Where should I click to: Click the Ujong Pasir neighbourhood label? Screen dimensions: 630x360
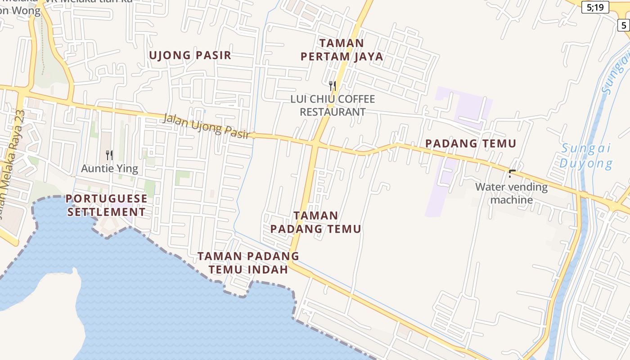click(189, 55)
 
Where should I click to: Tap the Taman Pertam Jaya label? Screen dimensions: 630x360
click(342, 50)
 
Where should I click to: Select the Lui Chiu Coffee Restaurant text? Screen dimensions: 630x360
click(333, 105)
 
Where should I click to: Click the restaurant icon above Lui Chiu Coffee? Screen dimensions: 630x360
click(333, 85)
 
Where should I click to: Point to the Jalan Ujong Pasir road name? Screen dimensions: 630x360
click(206, 126)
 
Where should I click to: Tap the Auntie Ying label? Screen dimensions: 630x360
click(109, 169)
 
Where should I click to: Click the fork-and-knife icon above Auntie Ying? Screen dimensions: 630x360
click(109, 155)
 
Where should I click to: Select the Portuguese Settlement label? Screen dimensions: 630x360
click(107, 205)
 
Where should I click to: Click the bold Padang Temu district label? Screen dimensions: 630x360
click(470, 144)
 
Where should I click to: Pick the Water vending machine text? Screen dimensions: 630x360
click(512, 193)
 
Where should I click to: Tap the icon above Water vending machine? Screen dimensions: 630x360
click(512, 173)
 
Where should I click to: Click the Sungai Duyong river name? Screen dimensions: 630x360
click(586, 156)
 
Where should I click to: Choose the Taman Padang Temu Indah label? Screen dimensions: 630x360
click(248, 263)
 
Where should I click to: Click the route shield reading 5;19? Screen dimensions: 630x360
click(595, 7)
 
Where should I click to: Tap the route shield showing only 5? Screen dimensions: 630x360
click(624, 25)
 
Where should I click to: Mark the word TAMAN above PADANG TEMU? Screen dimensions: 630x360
click(315, 215)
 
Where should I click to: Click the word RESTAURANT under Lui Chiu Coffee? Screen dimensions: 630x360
click(333, 112)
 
